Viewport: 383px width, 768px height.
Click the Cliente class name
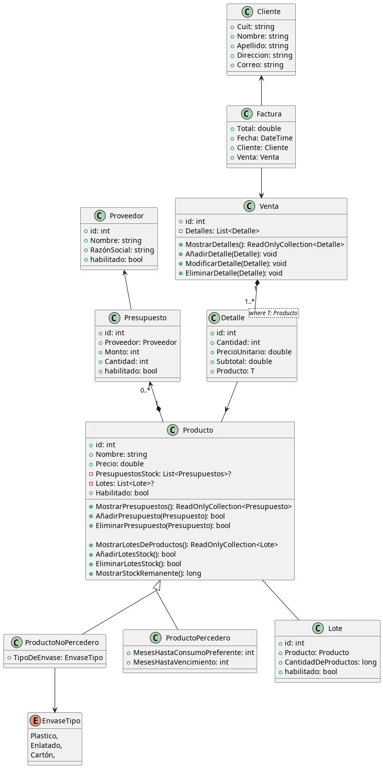point(269,12)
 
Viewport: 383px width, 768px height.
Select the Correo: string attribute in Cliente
point(260,65)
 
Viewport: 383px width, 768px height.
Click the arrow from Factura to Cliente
point(261,90)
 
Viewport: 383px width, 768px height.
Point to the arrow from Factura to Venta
point(261,183)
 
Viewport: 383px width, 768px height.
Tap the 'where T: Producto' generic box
point(273,313)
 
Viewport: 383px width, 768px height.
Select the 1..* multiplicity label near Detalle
point(250,302)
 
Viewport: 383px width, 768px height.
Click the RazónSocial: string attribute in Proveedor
point(122,250)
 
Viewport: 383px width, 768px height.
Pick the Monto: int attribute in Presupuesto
point(123,352)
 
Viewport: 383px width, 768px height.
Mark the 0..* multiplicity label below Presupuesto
point(145,390)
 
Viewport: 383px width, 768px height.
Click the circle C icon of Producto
point(173,430)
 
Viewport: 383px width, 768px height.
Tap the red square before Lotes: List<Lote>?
point(91,483)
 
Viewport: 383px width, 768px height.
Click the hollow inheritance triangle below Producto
point(157,585)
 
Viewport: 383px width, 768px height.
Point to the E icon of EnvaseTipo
point(35,721)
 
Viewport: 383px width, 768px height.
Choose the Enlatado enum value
point(46,745)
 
